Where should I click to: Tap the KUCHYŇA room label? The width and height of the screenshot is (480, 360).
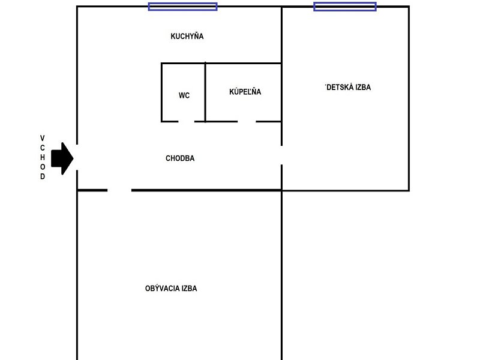coord(187,36)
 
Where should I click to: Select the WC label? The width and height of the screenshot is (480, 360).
coord(184,95)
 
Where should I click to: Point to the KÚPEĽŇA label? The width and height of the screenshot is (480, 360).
coord(245,92)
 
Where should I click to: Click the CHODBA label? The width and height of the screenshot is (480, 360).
coord(180,158)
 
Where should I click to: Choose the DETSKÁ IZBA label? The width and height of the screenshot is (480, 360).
coord(348,87)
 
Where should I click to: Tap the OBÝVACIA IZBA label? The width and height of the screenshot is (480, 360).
coord(171,288)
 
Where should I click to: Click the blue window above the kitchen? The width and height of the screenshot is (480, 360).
coord(183,7)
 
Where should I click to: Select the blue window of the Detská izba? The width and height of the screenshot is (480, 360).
coord(345,7)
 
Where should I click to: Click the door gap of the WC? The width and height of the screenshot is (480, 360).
coord(187,121)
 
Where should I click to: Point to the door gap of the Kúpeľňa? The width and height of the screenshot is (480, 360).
coord(247,121)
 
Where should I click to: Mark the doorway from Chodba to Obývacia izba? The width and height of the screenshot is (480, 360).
coord(119,190)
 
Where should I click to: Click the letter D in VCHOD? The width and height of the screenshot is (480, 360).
coord(43,177)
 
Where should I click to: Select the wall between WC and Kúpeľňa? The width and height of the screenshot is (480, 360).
coord(205,92)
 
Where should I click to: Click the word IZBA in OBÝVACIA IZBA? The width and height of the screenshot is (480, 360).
coord(189,288)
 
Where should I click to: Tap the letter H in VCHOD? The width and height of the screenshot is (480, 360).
coord(43,157)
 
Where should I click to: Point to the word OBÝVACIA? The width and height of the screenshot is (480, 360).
coord(161,288)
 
